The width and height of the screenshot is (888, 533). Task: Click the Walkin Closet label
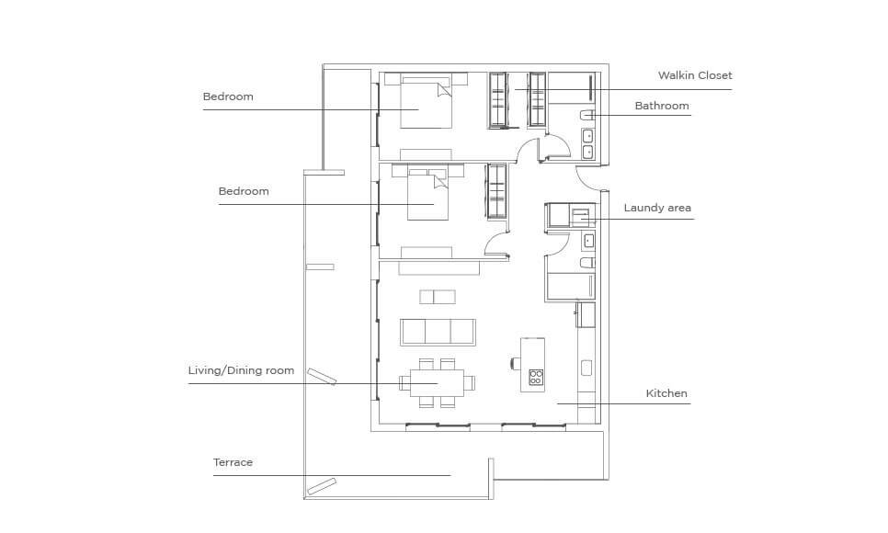click(695, 75)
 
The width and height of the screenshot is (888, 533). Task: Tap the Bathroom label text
click(662, 106)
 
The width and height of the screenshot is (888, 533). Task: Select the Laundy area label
click(657, 208)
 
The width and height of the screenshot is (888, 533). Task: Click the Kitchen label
click(666, 393)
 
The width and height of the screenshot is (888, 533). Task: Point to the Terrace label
click(233, 462)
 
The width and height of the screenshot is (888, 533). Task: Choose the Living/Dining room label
click(241, 371)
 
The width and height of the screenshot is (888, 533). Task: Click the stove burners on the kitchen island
click(536, 377)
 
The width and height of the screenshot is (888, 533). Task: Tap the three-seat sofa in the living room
click(438, 332)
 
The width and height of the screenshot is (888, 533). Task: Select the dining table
click(438, 383)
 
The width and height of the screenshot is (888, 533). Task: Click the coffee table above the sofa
click(438, 297)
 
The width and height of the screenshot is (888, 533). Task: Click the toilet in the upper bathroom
click(587, 116)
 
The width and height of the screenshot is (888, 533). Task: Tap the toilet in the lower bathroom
click(587, 262)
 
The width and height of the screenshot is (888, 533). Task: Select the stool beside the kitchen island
click(516, 363)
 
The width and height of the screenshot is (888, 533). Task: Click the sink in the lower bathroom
click(588, 242)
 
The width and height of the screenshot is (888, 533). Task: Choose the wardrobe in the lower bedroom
click(496, 191)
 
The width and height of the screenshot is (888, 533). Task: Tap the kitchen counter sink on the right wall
click(586, 369)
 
